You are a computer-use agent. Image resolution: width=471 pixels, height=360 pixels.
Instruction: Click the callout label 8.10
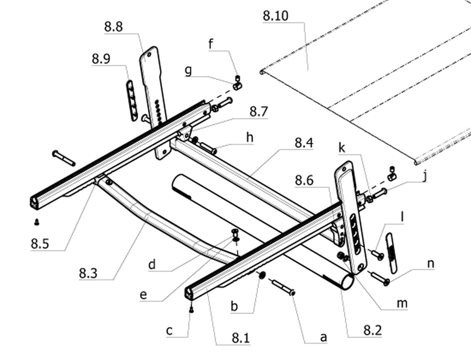tap(275, 15)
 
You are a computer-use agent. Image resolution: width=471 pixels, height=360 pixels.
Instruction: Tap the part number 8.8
tap(113, 27)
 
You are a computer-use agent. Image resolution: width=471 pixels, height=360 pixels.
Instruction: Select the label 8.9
tap(101, 59)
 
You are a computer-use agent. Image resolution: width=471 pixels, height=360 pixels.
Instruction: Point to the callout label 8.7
tap(258, 111)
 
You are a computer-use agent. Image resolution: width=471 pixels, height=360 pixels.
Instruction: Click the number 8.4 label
tap(304, 143)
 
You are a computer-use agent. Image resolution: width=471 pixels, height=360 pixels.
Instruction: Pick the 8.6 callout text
tap(304, 180)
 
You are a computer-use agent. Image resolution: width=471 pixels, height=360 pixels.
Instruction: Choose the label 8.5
tap(40, 243)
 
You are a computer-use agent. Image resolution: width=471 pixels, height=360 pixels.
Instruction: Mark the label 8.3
tap(88, 273)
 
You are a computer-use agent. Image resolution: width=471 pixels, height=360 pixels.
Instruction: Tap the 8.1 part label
tap(241, 338)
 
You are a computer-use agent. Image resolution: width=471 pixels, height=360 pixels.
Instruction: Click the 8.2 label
tap(373, 330)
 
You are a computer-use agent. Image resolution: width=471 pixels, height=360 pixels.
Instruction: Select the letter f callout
tap(211, 44)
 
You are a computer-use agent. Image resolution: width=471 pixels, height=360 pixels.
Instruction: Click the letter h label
tap(250, 138)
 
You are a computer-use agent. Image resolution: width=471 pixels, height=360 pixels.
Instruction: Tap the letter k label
tap(342, 148)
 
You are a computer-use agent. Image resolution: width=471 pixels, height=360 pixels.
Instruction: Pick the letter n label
tap(431, 264)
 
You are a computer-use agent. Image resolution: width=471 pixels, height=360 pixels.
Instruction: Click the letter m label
tap(402, 303)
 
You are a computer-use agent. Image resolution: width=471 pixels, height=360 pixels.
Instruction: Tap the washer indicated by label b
tap(262, 274)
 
